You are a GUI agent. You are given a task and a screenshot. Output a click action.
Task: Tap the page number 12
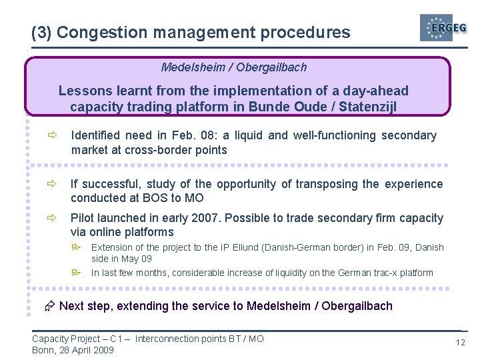tap(460, 343)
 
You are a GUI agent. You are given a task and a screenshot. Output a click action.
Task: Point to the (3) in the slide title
tap(41, 32)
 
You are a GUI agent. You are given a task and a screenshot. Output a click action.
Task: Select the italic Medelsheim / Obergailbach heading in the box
tap(234, 67)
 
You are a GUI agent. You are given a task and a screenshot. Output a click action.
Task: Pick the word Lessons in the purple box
tap(81, 91)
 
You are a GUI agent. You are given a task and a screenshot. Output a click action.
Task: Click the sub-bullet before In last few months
tap(77, 273)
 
